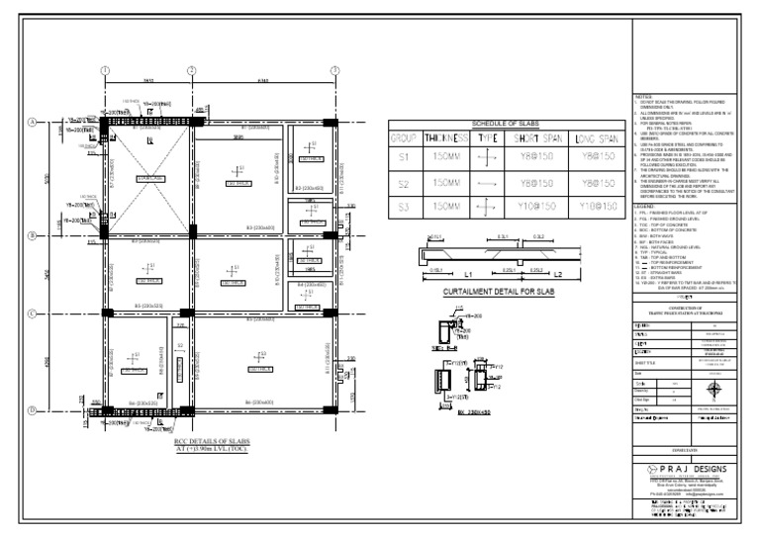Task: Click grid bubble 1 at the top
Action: [105, 70]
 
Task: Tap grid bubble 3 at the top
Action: [334, 70]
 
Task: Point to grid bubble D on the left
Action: [32, 408]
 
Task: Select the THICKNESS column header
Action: [445, 138]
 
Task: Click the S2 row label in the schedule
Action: [403, 184]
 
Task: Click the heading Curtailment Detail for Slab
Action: [500, 292]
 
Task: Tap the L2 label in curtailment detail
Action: [557, 274]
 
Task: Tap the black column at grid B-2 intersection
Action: [188, 235]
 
